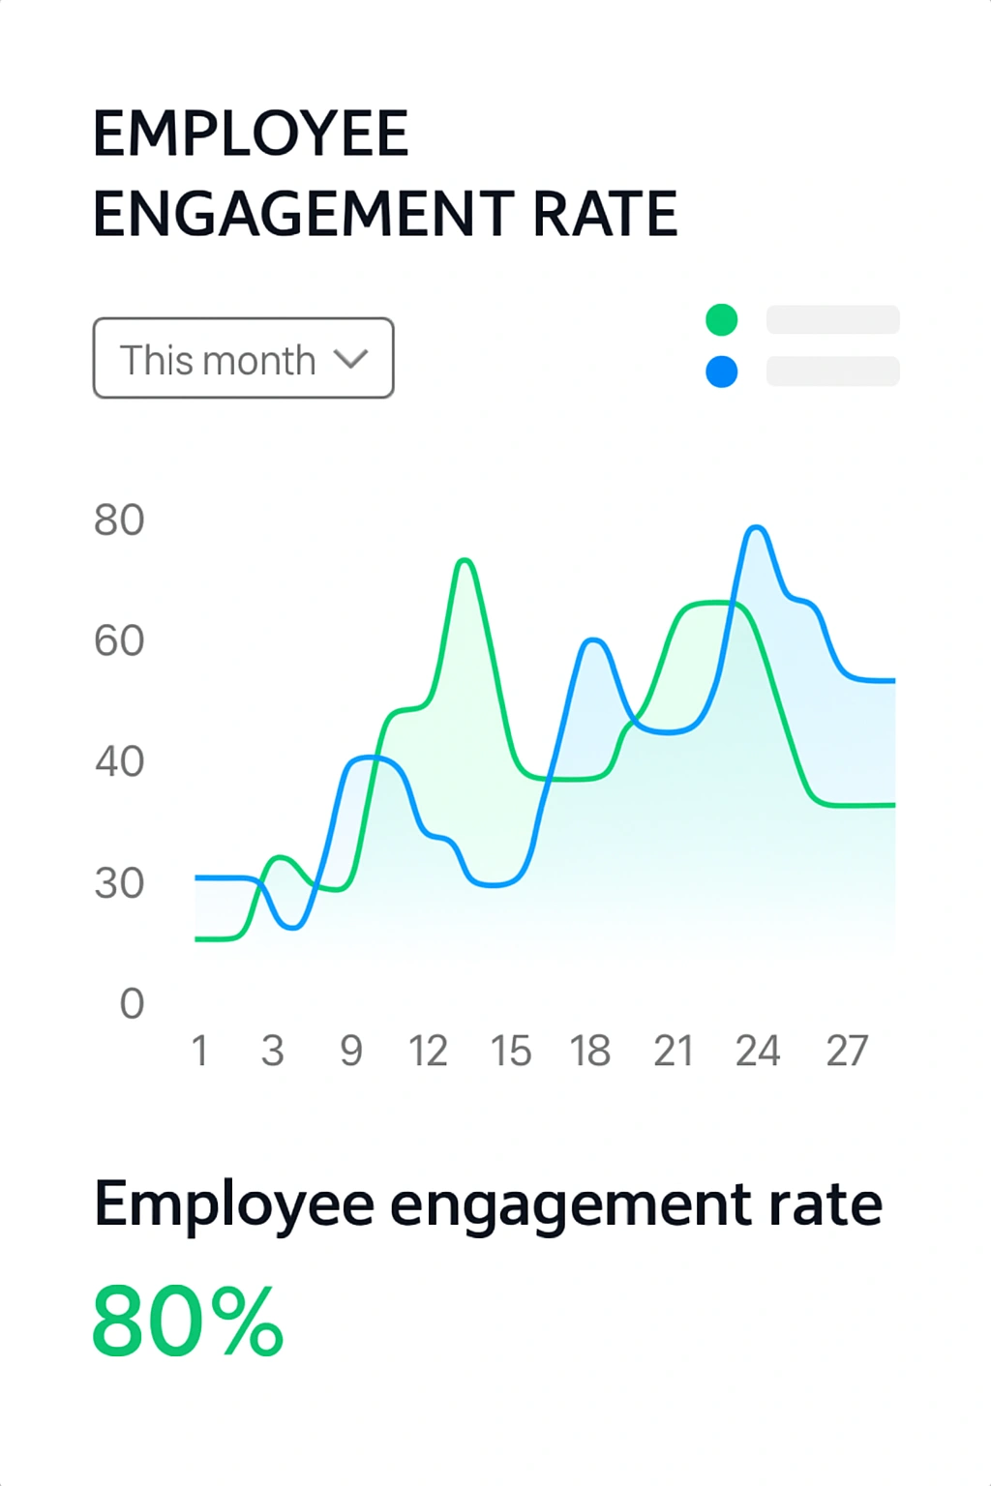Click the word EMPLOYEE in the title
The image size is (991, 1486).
tap(251, 134)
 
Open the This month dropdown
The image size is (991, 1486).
tap(243, 358)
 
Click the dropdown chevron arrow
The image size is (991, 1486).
tap(350, 359)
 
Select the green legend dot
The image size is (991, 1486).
tap(722, 319)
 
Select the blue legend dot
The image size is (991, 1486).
tap(722, 371)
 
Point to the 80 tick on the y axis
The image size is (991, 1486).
tap(119, 520)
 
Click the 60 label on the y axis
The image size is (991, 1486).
tap(119, 641)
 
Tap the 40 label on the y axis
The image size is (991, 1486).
tap(119, 762)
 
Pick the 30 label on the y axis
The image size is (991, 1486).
tap(119, 883)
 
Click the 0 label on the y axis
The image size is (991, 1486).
tap(132, 1004)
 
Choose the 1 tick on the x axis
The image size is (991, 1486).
tap(199, 1051)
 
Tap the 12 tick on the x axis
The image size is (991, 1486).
tap(428, 1051)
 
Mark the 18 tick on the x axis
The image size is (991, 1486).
tap(589, 1051)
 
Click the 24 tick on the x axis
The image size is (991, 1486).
tap(757, 1051)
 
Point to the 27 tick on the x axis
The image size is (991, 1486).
tap(847, 1051)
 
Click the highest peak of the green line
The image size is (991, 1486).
tap(465, 560)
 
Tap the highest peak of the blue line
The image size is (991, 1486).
tap(757, 527)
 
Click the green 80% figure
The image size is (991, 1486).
tap(188, 1322)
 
